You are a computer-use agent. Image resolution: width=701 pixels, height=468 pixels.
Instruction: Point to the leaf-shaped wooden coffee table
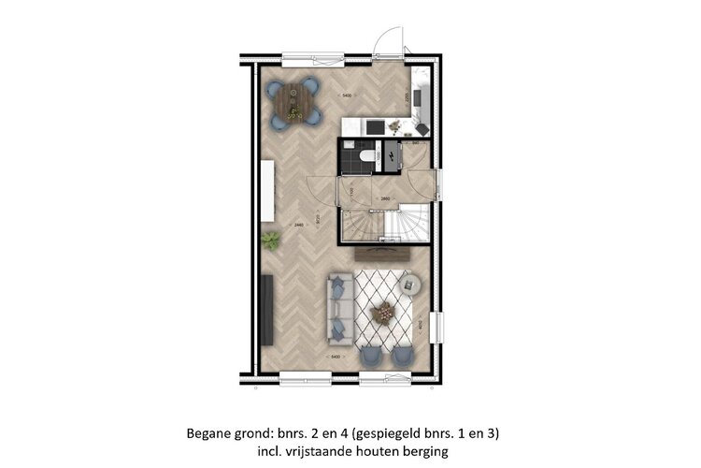[x=383, y=313]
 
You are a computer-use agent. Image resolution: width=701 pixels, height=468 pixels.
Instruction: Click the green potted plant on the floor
[x=272, y=241]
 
